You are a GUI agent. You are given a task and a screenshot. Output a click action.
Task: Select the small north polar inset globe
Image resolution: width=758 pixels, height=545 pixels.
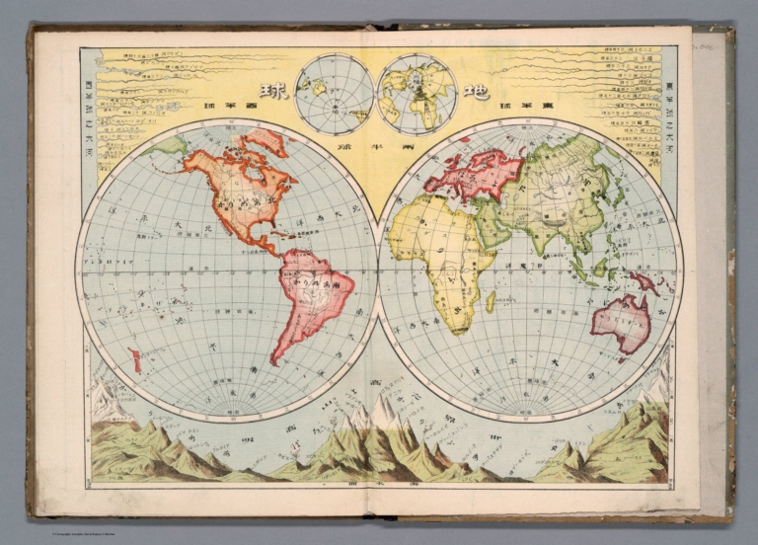(x=416, y=93)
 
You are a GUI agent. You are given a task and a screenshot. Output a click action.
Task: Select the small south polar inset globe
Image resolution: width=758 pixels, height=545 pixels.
(x=335, y=94)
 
